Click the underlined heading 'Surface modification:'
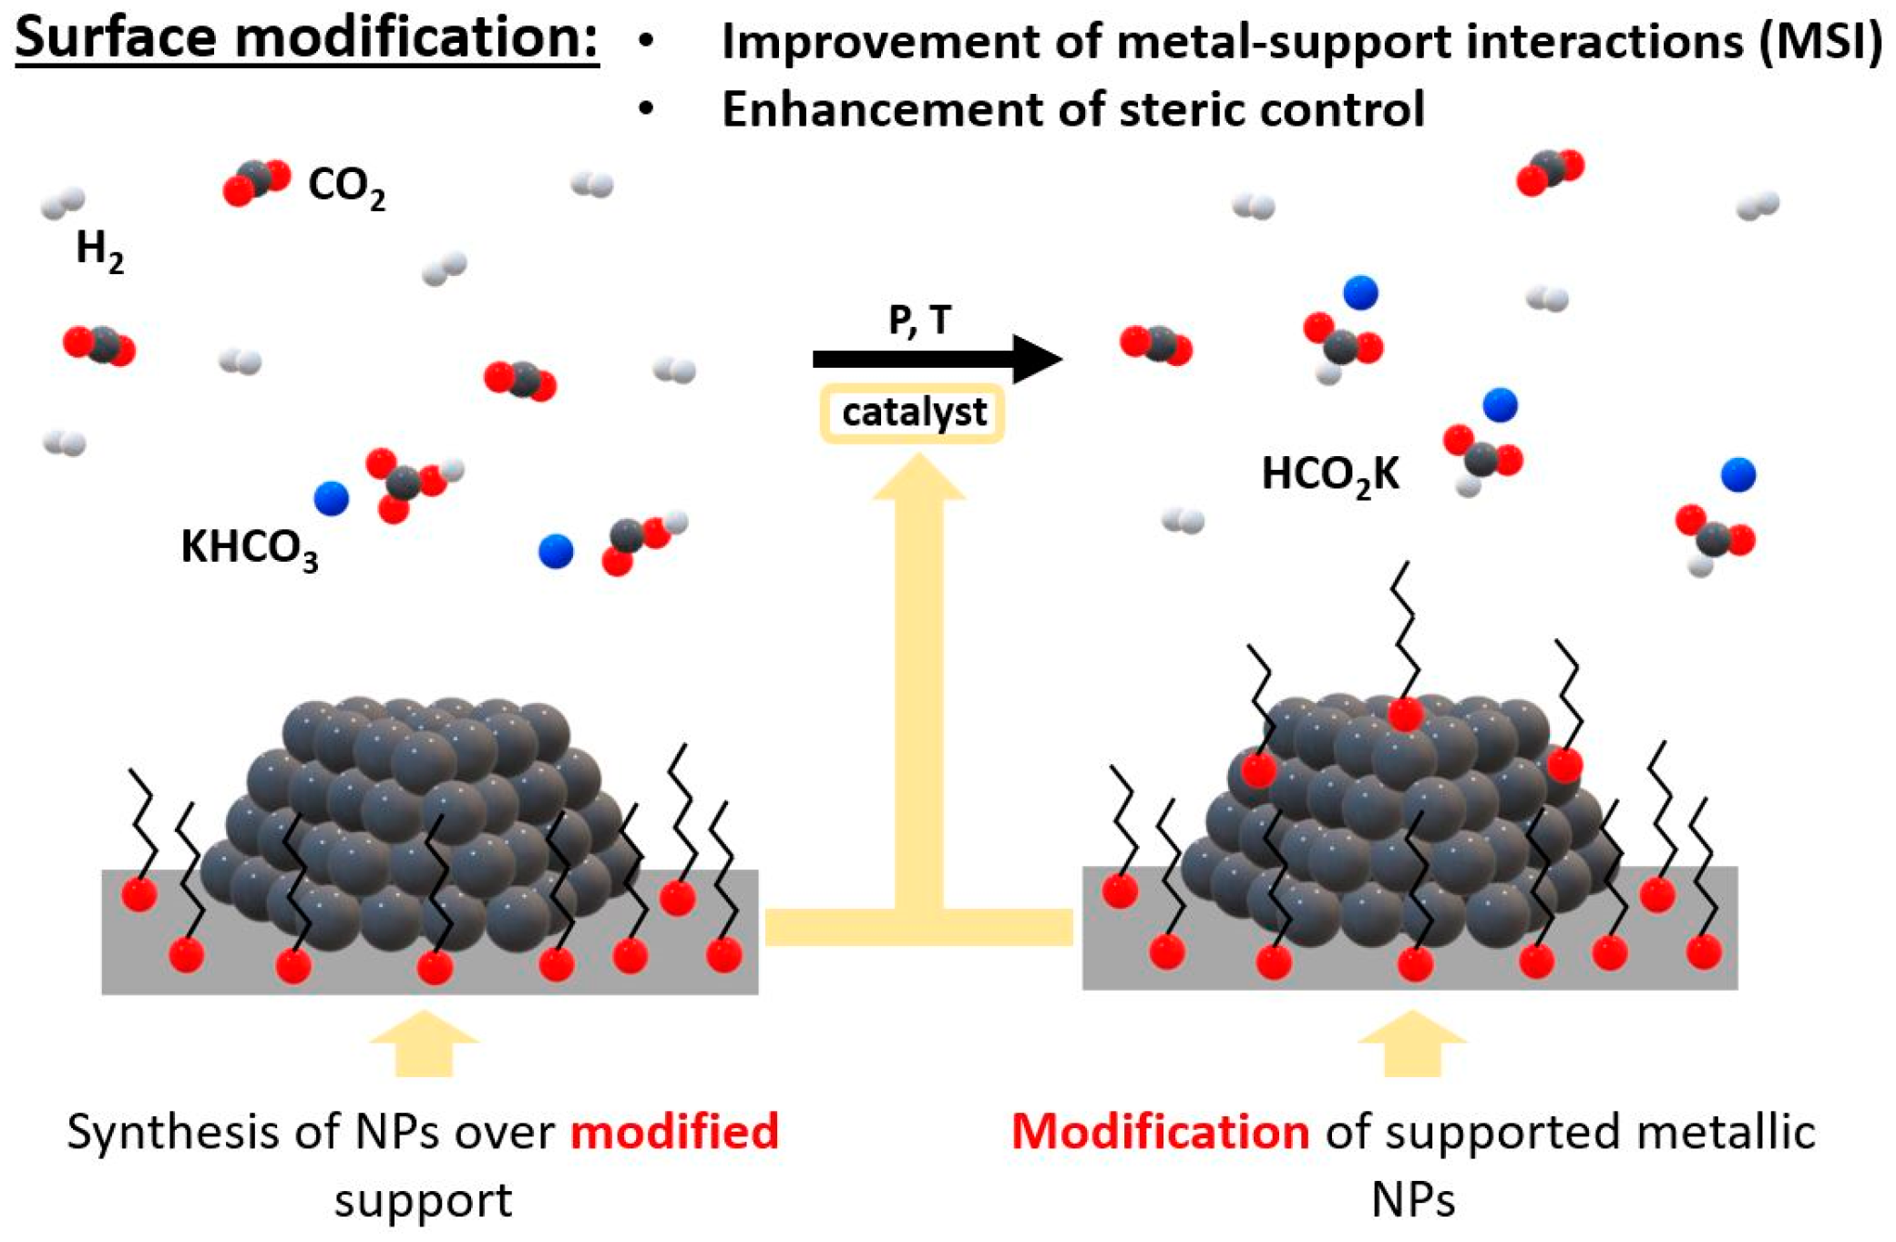click(306, 38)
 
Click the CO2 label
click(345, 187)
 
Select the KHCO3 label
click(249, 548)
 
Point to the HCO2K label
click(1329, 475)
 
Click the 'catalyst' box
click(912, 413)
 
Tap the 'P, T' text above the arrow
click(919, 320)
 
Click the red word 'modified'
click(674, 1132)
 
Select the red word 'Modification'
click(1160, 1132)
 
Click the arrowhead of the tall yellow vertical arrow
click(918, 478)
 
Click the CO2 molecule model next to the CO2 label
click(256, 182)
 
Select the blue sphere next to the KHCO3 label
click(331, 498)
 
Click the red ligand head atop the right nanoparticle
click(1404, 714)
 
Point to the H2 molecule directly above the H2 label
click(63, 203)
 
